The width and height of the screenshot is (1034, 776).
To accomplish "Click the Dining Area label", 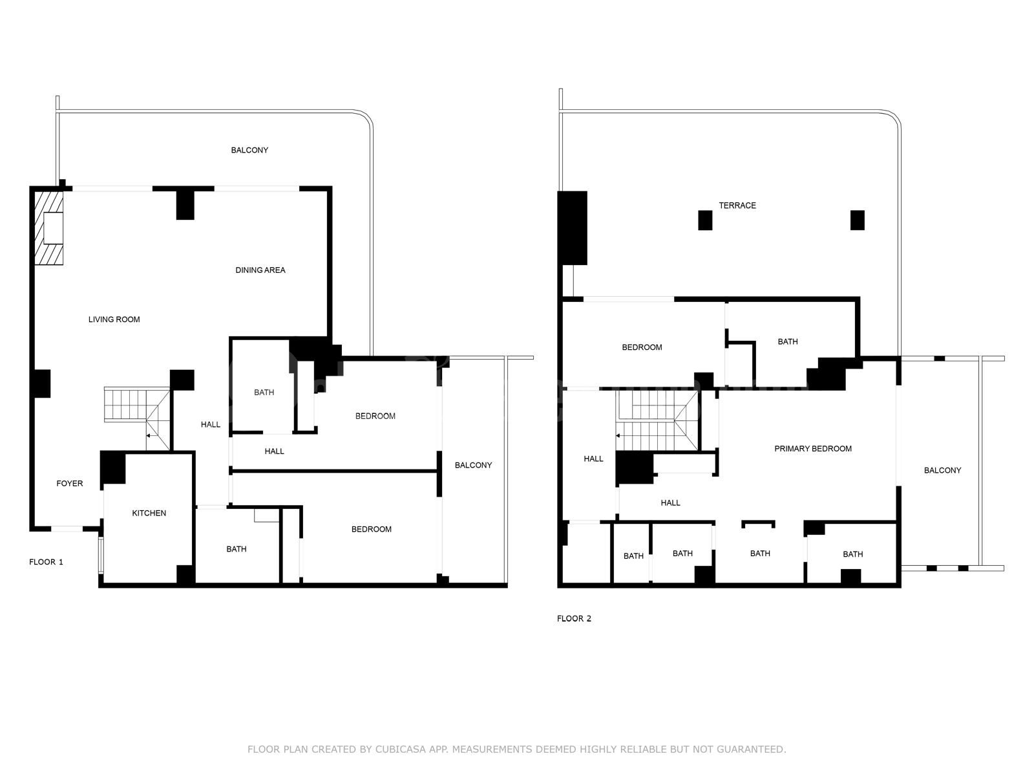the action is coord(260,270).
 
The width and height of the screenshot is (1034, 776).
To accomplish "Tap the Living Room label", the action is coord(114,319).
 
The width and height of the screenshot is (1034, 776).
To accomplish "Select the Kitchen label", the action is coord(149,513).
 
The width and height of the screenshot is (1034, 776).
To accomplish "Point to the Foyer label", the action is coord(70,484).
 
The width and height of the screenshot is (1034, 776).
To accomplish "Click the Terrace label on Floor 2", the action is coord(737,206).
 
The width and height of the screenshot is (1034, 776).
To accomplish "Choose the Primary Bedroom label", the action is coord(813,449).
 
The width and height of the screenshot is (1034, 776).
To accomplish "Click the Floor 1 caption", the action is coord(46,561).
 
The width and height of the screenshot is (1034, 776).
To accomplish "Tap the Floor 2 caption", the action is coord(574,619).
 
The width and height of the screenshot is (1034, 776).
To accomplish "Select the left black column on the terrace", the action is coord(705,220).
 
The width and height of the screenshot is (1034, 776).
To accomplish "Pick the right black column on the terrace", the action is coord(858,220).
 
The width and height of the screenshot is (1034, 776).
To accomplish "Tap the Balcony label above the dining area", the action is coord(249,150).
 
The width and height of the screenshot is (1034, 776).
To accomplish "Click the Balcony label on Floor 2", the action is coord(942,470).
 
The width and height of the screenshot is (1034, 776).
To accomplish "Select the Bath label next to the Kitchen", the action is coord(236,549).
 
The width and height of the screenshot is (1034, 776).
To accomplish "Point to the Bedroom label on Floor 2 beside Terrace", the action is coord(642,347).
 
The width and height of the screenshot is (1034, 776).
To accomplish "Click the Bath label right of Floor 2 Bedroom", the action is coord(788,341).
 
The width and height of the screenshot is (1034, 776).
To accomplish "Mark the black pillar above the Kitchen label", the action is coord(113,468).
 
